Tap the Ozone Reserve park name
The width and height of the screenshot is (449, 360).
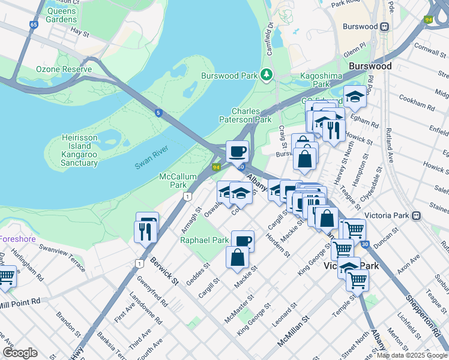point(64,70)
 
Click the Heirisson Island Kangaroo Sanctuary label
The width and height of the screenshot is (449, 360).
point(79,150)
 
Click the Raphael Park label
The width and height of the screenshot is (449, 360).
point(205,240)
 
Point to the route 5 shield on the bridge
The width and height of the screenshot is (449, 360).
point(158,112)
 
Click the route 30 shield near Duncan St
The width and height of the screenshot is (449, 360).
point(365,244)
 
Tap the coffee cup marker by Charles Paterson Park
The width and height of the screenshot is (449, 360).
point(237,151)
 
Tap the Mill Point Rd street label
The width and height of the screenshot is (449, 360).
point(20,301)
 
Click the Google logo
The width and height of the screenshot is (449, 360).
point(20,353)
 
